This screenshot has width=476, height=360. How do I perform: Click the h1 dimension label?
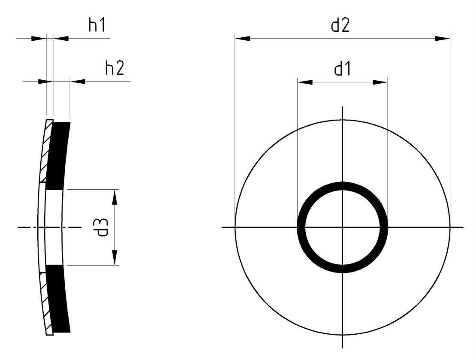(x=96, y=26)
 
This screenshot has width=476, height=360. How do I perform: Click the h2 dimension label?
(x=114, y=68)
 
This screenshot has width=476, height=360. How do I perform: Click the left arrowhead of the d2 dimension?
(x=243, y=39)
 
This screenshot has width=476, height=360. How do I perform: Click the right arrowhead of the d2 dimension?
(x=442, y=39)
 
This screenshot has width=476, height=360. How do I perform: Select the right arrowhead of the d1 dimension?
(x=380, y=82)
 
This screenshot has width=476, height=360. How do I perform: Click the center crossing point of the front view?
(x=342, y=227)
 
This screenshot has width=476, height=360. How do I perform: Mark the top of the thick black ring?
(x=342, y=185)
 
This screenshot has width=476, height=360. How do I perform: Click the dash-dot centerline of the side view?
(x=26, y=227)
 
